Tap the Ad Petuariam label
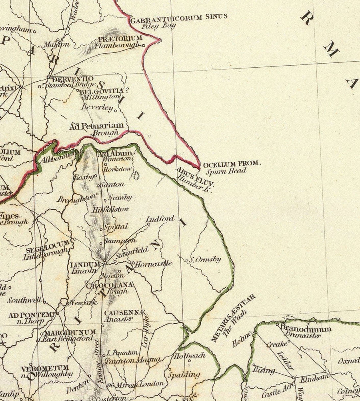pos(96,126)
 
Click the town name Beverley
pos(97,107)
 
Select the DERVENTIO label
pos(72,78)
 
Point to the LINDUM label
pos(84,265)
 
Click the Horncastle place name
pos(154,264)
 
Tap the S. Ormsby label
pos(205,259)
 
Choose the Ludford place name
pos(160,219)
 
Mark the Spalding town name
pos(184,375)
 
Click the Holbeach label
pos(190,355)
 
